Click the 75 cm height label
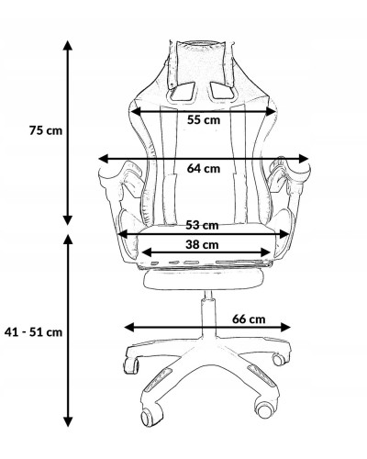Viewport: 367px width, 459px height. point(46,130)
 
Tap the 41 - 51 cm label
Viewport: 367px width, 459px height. point(33,332)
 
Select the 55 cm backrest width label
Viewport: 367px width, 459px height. point(204,119)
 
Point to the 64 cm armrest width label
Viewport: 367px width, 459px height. point(204,168)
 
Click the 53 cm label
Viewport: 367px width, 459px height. point(202,225)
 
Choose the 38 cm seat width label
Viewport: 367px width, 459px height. point(202,244)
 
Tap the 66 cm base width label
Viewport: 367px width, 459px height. point(249,319)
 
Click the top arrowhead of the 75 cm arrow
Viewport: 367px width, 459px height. point(68,45)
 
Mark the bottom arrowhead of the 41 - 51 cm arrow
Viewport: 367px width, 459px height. point(68,421)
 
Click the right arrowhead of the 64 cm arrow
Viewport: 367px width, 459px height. point(304,159)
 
